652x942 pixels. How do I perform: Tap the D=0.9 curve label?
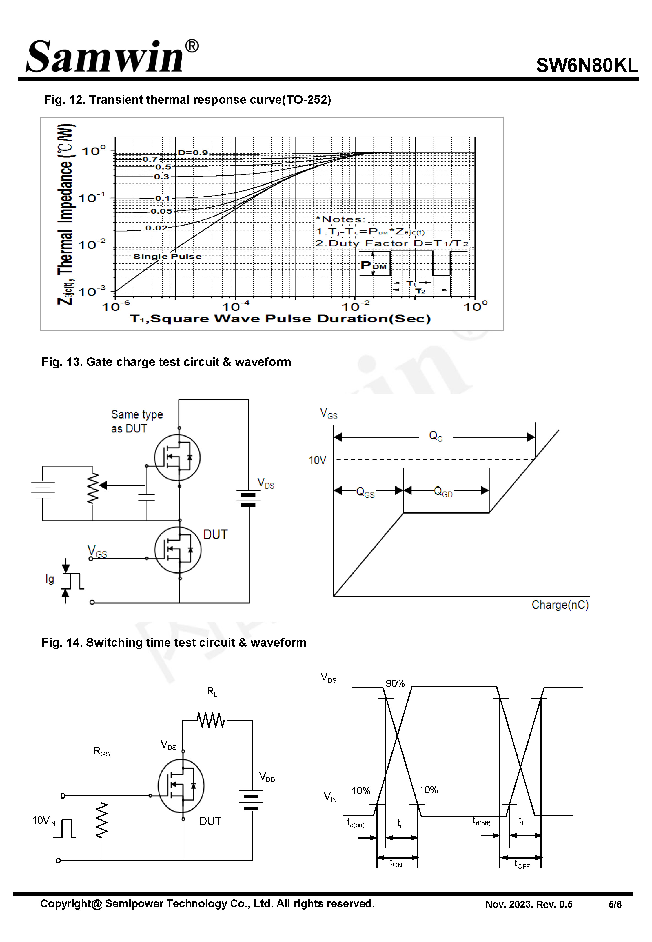pos(193,152)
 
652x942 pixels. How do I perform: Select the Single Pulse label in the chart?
pos(167,256)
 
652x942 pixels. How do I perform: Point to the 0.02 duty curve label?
pos(156,228)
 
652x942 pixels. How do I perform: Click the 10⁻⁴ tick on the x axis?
pos(236,306)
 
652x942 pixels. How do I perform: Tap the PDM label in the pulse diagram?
pos(374,265)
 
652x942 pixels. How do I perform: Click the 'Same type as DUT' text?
pos(136,421)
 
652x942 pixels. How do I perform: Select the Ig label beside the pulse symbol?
pos(50,579)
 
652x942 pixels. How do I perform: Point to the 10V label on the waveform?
pos(317,460)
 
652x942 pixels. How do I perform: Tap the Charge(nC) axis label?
pos(560,605)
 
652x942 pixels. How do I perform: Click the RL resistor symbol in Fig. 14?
pos(211,720)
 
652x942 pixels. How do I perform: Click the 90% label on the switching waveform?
pos(395,683)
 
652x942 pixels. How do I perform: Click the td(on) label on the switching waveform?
pos(356,822)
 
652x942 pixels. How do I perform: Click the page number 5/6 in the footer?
pos(615,904)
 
